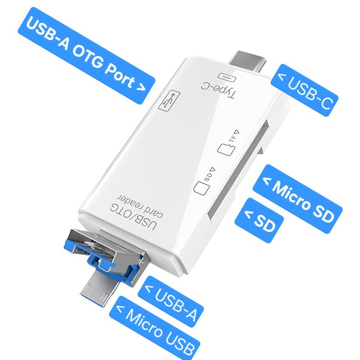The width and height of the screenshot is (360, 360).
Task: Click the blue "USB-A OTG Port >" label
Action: (x=86, y=56)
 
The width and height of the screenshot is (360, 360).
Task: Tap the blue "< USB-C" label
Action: (x=305, y=90)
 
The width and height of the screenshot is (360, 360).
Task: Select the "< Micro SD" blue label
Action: (x=298, y=199)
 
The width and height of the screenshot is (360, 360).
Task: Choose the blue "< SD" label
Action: (x=259, y=220)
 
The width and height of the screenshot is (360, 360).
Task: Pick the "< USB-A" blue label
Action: (x=171, y=301)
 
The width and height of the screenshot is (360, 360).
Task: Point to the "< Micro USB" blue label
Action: (x=154, y=328)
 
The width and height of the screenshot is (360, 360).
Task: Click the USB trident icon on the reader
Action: (x=169, y=101)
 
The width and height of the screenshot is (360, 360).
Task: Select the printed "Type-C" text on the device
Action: (x=218, y=90)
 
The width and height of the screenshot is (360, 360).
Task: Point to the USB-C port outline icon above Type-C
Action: (x=227, y=77)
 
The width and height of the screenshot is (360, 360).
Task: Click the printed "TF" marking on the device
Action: (x=232, y=138)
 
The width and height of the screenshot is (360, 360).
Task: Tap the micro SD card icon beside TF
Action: (x=226, y=149)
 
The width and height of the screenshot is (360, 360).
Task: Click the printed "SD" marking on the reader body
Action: (x=207, y=176)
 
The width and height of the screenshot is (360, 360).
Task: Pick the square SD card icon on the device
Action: (x=202, y=188)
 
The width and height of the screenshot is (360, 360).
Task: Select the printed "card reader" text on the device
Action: (x=140, y=206)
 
